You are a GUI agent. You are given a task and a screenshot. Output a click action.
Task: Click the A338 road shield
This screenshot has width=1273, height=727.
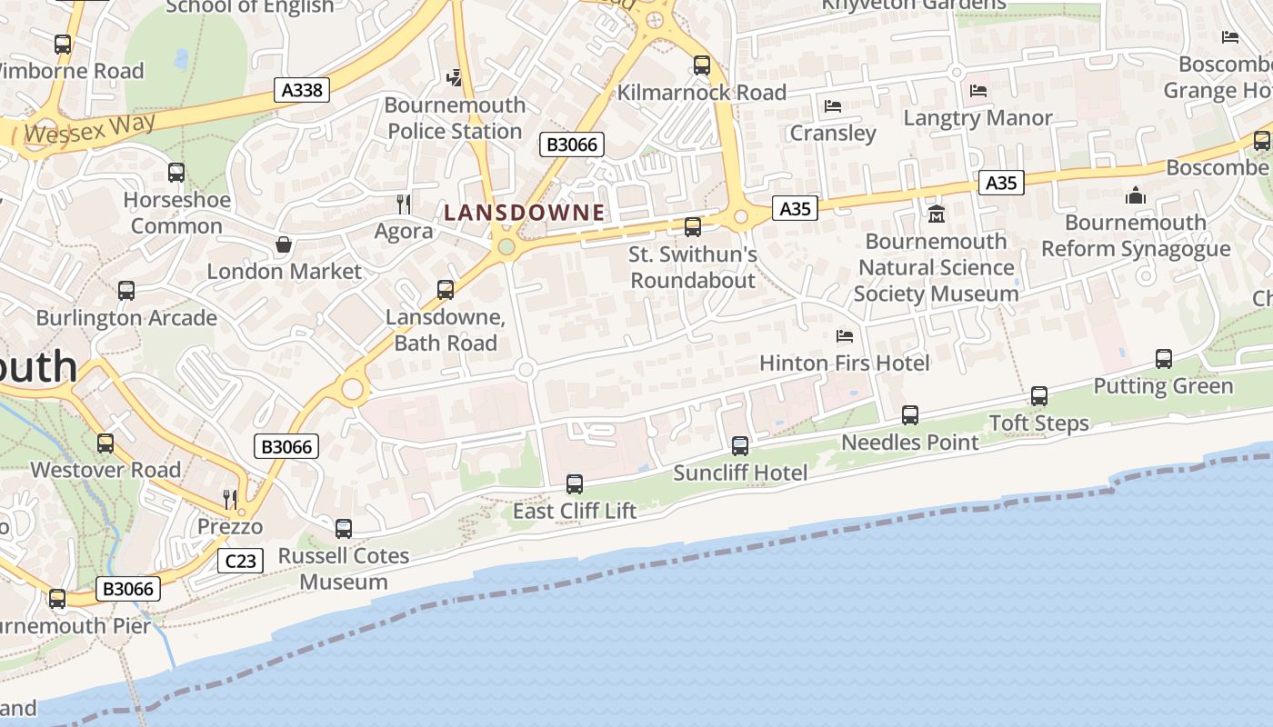click(302, 89)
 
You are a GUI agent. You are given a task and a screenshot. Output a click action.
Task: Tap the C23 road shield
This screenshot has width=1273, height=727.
click(240, 561)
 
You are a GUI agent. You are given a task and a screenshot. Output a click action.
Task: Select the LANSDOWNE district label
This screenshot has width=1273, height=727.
click(524, 213)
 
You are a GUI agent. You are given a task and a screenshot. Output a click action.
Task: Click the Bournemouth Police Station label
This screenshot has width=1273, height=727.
click(455, 118)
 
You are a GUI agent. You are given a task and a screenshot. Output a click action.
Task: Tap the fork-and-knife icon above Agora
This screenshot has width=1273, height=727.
click(404, 204)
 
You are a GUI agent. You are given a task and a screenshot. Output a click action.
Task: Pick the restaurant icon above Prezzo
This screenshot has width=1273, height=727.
click(230, 499)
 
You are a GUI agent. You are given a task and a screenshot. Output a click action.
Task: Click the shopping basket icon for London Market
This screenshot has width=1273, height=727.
click(284, 244)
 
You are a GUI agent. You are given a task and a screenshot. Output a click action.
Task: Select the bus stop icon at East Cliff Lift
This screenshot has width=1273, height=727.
click(575, 484)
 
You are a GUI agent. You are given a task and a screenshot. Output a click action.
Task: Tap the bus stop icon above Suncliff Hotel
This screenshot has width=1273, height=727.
click(740, 446)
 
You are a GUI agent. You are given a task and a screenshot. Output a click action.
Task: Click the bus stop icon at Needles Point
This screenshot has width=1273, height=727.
click(910, 415)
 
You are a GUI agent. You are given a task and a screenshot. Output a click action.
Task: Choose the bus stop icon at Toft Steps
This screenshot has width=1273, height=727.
click(1039, 396)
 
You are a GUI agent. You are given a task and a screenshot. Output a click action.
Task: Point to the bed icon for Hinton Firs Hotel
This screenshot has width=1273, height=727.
click(845, 336)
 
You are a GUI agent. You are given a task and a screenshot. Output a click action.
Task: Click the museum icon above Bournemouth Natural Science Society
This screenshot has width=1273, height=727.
click(937, 214)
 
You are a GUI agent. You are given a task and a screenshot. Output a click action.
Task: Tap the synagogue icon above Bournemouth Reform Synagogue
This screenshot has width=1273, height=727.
click(1135, 195)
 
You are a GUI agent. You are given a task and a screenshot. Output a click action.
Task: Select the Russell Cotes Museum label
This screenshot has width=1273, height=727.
click(344, 568)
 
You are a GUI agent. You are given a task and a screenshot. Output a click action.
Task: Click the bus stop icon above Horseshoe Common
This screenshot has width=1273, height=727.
click(176, 173)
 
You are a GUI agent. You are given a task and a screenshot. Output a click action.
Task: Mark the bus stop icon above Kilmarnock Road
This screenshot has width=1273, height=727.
click(702, 65)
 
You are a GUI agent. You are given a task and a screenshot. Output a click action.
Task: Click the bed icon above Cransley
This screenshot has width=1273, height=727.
click(833, 106)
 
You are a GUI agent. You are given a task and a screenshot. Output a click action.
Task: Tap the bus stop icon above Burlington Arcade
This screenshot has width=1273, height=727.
click(126, 291)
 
